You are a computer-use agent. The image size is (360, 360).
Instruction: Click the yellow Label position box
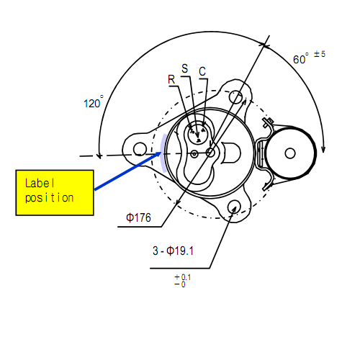pos(55,193)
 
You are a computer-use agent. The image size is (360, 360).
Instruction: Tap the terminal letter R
pos(171,79)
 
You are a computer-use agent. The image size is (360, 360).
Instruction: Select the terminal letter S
pos(184,68)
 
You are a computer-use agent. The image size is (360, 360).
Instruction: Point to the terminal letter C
pos(202,71)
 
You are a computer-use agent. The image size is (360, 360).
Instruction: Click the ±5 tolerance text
pos(320,54)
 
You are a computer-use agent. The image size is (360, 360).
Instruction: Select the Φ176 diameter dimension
pos(139,217)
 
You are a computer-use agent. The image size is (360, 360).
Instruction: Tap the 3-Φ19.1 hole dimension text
pos(173,251)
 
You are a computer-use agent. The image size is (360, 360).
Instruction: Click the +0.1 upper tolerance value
pos(183,277)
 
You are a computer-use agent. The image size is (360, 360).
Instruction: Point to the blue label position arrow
pos(127,171)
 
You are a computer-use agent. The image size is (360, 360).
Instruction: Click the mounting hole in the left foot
pos(140,149)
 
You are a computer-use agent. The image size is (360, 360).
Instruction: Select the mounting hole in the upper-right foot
pos(235,97)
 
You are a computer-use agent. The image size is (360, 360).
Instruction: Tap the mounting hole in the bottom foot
pos(234,207)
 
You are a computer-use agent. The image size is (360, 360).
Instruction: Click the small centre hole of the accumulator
pos(290,153)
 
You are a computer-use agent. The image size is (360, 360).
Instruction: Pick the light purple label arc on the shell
pos(162,153)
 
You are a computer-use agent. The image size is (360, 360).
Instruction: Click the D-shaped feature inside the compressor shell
pos(230,153)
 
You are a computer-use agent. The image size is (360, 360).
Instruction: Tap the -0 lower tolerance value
pos(180,284)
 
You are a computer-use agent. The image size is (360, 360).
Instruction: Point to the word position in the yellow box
pos(50,198)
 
